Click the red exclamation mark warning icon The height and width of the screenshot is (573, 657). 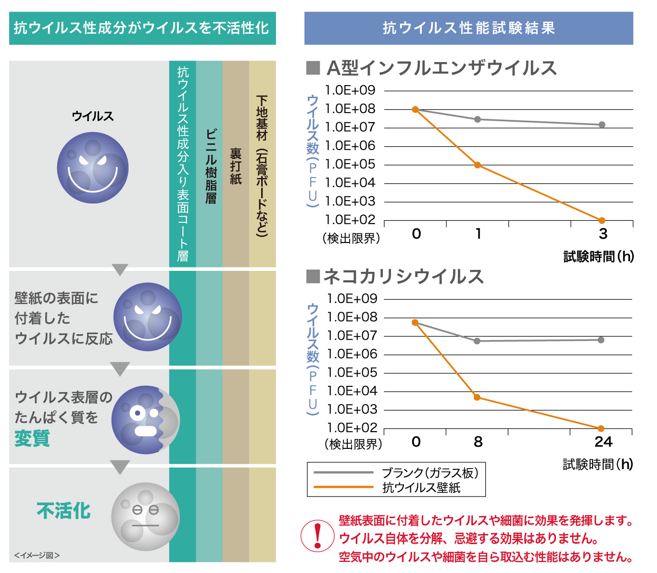click(317, 536)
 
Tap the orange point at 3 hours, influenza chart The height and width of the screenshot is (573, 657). click(602, 220)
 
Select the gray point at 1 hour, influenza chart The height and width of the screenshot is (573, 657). click(478, 119)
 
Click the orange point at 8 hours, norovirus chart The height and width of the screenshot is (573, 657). click(477, 397)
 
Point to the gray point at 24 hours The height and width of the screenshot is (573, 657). click(601, 340)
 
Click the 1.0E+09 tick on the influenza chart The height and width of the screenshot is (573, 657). click(350, 90)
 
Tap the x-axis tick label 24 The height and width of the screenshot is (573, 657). click(603, 442)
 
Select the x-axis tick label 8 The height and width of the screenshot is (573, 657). click(478, 442)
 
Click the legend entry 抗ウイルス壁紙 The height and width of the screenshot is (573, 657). click(421, 488)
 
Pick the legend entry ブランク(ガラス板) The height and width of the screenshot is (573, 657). click(430, 473)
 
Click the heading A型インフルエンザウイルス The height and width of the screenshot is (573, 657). click(441, 68)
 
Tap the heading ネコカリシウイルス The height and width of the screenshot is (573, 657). click(403, 277)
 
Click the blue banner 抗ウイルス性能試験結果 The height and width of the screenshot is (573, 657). click(468, 28)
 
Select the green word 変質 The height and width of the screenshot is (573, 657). click(32, 438)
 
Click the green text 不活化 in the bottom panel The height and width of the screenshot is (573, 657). click(63, 510)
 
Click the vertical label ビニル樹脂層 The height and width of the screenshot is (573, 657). click(211, 166)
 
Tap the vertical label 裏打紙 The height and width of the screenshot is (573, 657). click(236, 166)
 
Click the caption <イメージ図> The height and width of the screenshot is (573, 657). click(37, 555)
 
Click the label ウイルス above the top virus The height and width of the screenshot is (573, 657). click(93, 116)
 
